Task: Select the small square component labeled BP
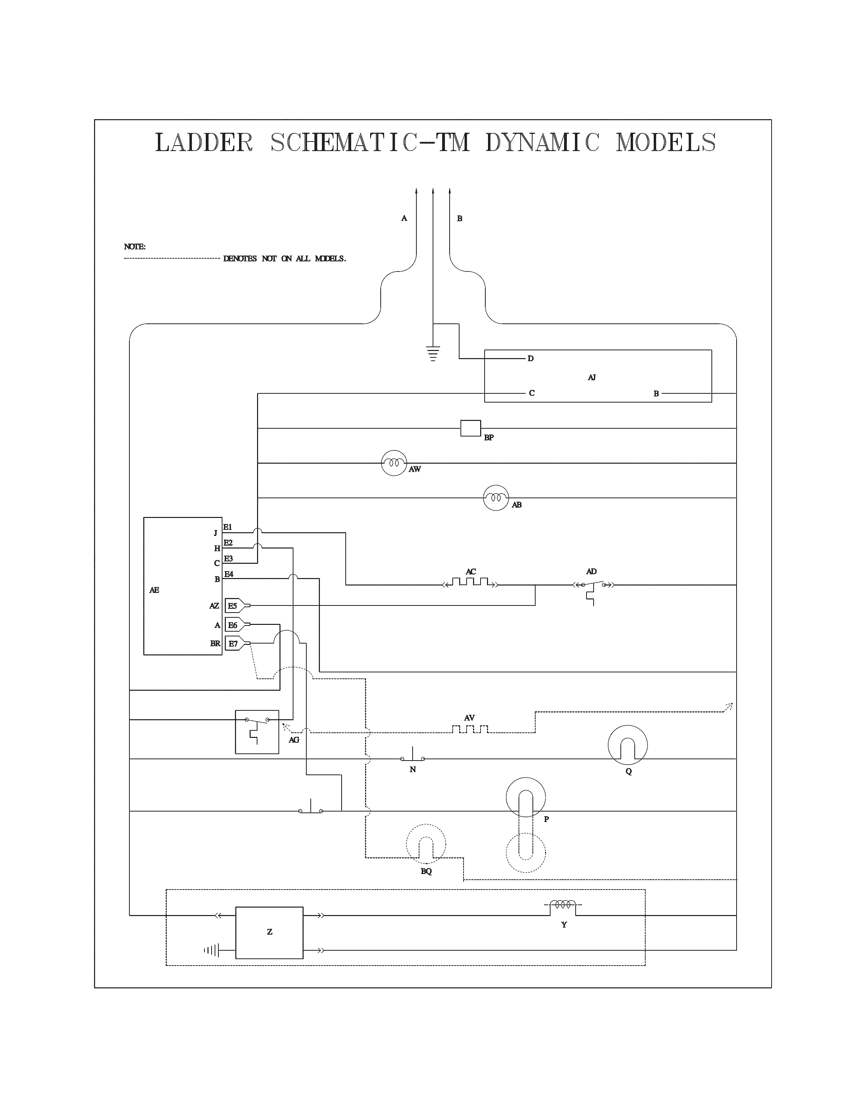point(470,428)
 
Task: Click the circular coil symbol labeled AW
point(394,464)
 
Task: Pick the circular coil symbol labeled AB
point(495,498)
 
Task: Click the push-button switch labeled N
point(413,757)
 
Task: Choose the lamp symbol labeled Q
point(628,745)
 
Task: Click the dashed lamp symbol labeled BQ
point(426,844)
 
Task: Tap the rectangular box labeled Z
point(269,932)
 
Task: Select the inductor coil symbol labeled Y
point(563,907)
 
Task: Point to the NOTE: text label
point(134,247)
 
